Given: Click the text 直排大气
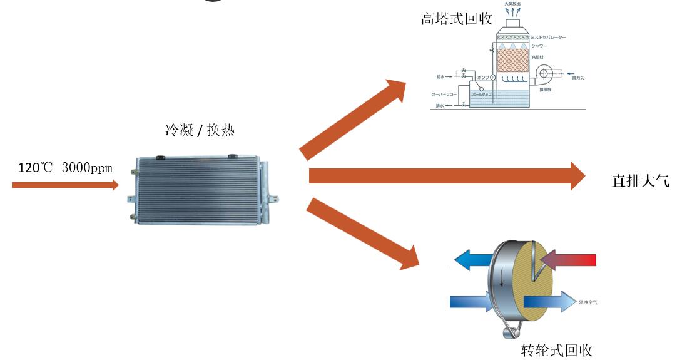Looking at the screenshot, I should [640, 182].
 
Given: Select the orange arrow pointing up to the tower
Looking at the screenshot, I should [354, 118].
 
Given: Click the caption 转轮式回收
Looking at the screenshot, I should [556, 350].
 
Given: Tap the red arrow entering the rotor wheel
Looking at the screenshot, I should [569, 259].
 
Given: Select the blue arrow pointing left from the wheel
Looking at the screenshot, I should [471, 259].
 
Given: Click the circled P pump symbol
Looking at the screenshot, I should [492, 77].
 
